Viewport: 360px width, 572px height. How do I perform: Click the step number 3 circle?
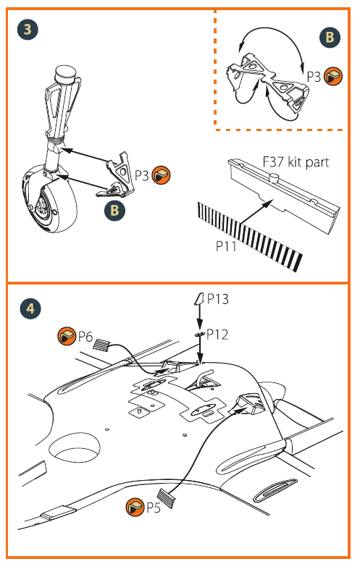pyautogui.click(x=28, y=29)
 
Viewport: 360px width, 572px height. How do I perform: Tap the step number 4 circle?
pyautogui.click(x=30, y=308)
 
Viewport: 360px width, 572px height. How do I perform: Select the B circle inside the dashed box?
pyautogui.click(x=330, y=37)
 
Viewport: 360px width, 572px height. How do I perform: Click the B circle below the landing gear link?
pyautogui.click(x=114, y=210)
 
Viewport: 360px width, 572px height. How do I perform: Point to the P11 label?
pyautogui.click(x=226, y=246)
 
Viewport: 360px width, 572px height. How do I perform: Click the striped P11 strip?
pyautogui.click(x=250, y=235)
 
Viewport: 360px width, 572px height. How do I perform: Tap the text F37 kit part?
pyautogui.click(x=296, y=161)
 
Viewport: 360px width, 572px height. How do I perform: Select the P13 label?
pyautogui.click(x=218, y=299)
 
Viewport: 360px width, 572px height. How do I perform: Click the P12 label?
pyautogui.click(x=217, y=335)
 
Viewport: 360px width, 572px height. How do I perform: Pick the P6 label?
pyautogui.click(x=85, y=337)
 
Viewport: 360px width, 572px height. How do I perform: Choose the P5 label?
pyautogui.click(x=154, y=507)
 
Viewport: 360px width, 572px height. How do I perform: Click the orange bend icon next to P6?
pyautogui.click(x=67, y=336)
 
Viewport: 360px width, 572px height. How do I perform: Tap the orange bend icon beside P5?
pyautogui.click(x=135, y=507)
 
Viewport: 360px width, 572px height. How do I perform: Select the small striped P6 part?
pyautogui.click(x=102, y=345)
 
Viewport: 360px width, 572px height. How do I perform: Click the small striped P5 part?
pyautogui.click(x=166, y=498)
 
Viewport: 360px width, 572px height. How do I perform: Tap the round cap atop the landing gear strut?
pyautogui.click(x=66, y=74)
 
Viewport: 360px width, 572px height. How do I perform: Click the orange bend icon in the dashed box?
pyautogui.click(x=333, y=76)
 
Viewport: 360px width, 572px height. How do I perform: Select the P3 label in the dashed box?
pyautogui.click(x=314, y=77)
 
